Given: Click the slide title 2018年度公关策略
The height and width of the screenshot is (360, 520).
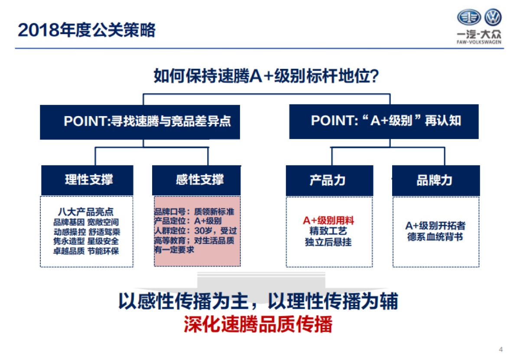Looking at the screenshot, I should pyautogui.click(x=87, y=30).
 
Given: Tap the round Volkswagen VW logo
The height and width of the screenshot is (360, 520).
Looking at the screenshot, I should pyautogui.click(x=493, y=17).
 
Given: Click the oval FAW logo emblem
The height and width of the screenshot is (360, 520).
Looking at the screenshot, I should pyautogui.click(x=469, y=17).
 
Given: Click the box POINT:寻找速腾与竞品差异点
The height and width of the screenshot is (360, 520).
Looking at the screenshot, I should pyautogui.click(x=140, y=122).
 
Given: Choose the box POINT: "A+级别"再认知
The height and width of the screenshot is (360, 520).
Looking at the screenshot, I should pyautogui.click(x=384, y=121).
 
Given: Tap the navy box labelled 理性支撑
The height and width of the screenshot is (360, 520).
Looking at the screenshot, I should pyautogui.click(x=87, y=180).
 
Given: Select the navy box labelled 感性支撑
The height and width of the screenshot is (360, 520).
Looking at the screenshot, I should pyautogui.click(x=196, y=180).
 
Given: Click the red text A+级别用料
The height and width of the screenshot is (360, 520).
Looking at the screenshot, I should pyautogui.click(x=328, y=221).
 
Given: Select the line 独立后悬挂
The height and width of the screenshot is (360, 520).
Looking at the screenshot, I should pyautogui.click(x=328, y=242).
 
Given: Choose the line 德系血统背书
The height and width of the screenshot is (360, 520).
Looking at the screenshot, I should pyautogui.click(x=435, y=237).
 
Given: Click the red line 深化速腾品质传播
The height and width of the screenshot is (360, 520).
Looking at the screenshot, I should pyautogui.click(x=258, y=324).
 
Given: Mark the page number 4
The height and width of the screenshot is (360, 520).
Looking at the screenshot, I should pyautogui.click(x=501, y=350).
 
